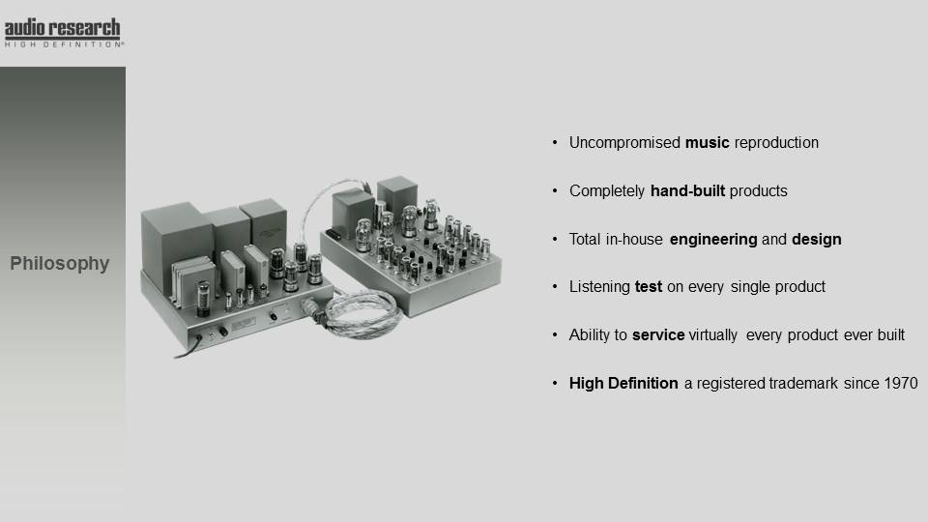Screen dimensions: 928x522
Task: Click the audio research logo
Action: click(x=63, y=33)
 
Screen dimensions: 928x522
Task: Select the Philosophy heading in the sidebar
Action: click(x=60, y=263)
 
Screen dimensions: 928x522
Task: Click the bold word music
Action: click(x=708, y=143)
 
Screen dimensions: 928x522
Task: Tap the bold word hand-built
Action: click(x=687, y=191)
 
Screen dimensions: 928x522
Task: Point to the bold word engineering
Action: click(x=713, y=240)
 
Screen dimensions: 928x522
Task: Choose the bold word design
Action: click(x=817, y=240)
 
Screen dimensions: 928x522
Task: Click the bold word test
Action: click(x=649, y=287)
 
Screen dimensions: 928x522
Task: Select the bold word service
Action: click(x=658, y=335)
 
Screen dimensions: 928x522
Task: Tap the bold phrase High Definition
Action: click(x=623, y=384)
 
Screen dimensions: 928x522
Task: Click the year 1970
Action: click(x=901, y=384)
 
